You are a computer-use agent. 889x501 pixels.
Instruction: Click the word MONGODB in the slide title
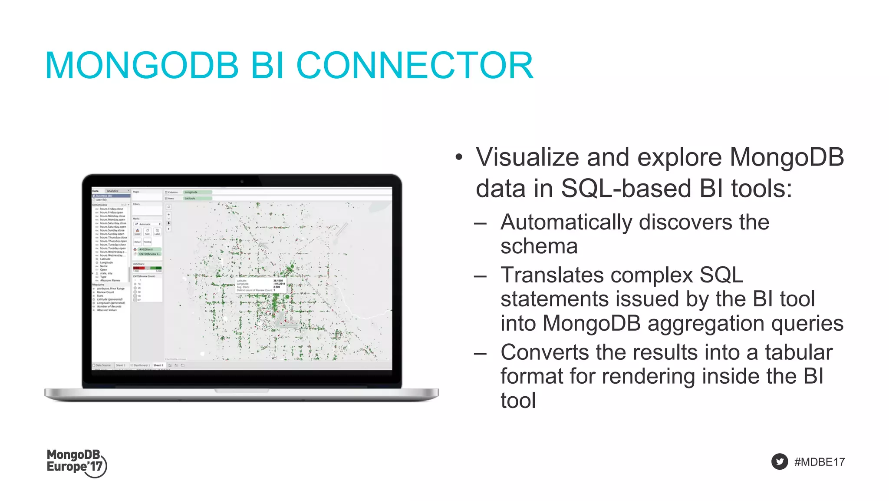click(142, 66)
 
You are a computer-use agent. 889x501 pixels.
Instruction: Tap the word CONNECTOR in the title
click(415, 66)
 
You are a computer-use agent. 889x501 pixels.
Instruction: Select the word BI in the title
click(267, 66)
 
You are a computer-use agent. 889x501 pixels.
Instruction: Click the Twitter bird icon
click(780, 461)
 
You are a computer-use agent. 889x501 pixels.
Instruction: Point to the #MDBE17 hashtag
click(819, 462)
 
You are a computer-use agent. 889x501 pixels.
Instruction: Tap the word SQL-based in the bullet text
click(626, 189)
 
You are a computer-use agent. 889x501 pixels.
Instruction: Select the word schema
click(539, 246)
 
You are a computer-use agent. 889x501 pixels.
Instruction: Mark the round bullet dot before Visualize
click(459, 157)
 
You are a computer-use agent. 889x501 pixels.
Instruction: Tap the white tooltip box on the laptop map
click(261, 285)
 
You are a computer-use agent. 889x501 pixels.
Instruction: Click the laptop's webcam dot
click(242, 181)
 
